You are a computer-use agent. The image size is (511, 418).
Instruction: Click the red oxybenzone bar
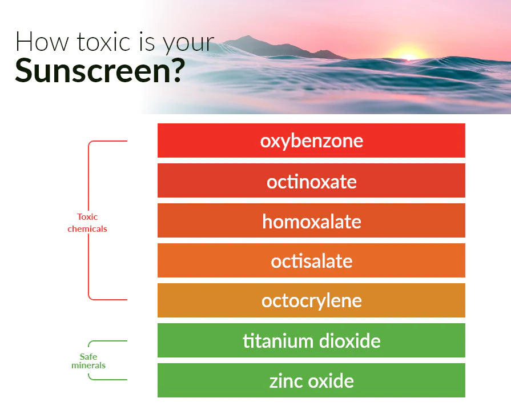click(311, 140)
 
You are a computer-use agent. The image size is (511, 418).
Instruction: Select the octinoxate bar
click(311, 180)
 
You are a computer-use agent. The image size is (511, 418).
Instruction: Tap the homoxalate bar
click(311, 220)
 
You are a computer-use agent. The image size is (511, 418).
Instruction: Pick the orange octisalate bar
click(311, 260)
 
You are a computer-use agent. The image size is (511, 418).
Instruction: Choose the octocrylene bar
click(311, 300)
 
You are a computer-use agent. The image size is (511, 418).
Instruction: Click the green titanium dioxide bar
click(311, 340)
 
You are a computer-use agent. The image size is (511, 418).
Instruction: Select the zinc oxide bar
click(311, 380)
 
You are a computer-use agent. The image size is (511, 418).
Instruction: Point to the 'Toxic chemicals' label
click(87, 223)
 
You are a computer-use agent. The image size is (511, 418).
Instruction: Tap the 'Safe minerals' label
click(88, 361)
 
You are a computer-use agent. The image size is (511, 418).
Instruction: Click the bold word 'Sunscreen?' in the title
click(100, 70)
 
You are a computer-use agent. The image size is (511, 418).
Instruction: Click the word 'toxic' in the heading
click(104, 42)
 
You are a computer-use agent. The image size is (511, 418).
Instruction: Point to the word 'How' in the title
click(42, 42)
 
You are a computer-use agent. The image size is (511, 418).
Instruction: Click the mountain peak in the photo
click(248, 37)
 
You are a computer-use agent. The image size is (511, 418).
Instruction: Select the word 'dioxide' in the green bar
click(349, 341)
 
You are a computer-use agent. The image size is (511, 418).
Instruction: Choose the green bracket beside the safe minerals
click(88, 343)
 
